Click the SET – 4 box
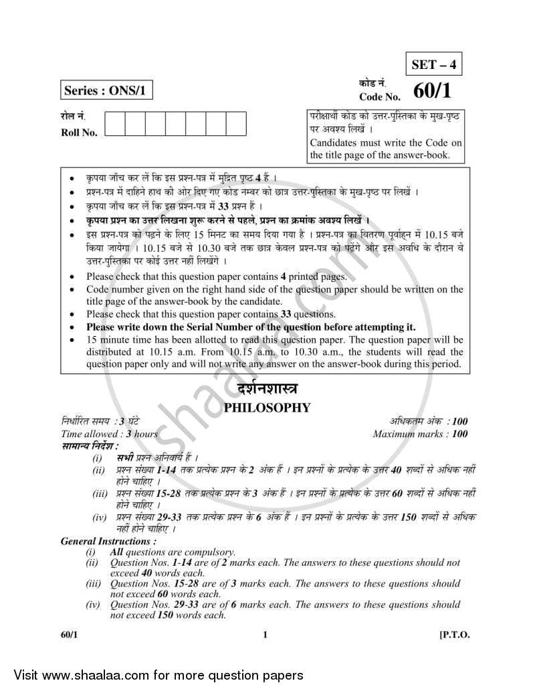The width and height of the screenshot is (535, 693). coord(433,66)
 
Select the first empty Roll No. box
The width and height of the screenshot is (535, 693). coord(116,125)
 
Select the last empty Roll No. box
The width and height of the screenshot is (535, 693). coord(236,125)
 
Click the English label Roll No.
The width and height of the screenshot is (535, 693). coord(79,133)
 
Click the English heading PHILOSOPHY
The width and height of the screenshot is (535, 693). coord(267,406)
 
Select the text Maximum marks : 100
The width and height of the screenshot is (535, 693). coord(420,434)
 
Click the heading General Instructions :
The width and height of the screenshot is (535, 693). coord(109,541)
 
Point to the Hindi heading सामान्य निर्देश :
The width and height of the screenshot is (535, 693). coord(90,445)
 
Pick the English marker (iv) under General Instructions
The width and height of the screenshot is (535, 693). coord(92,605)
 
